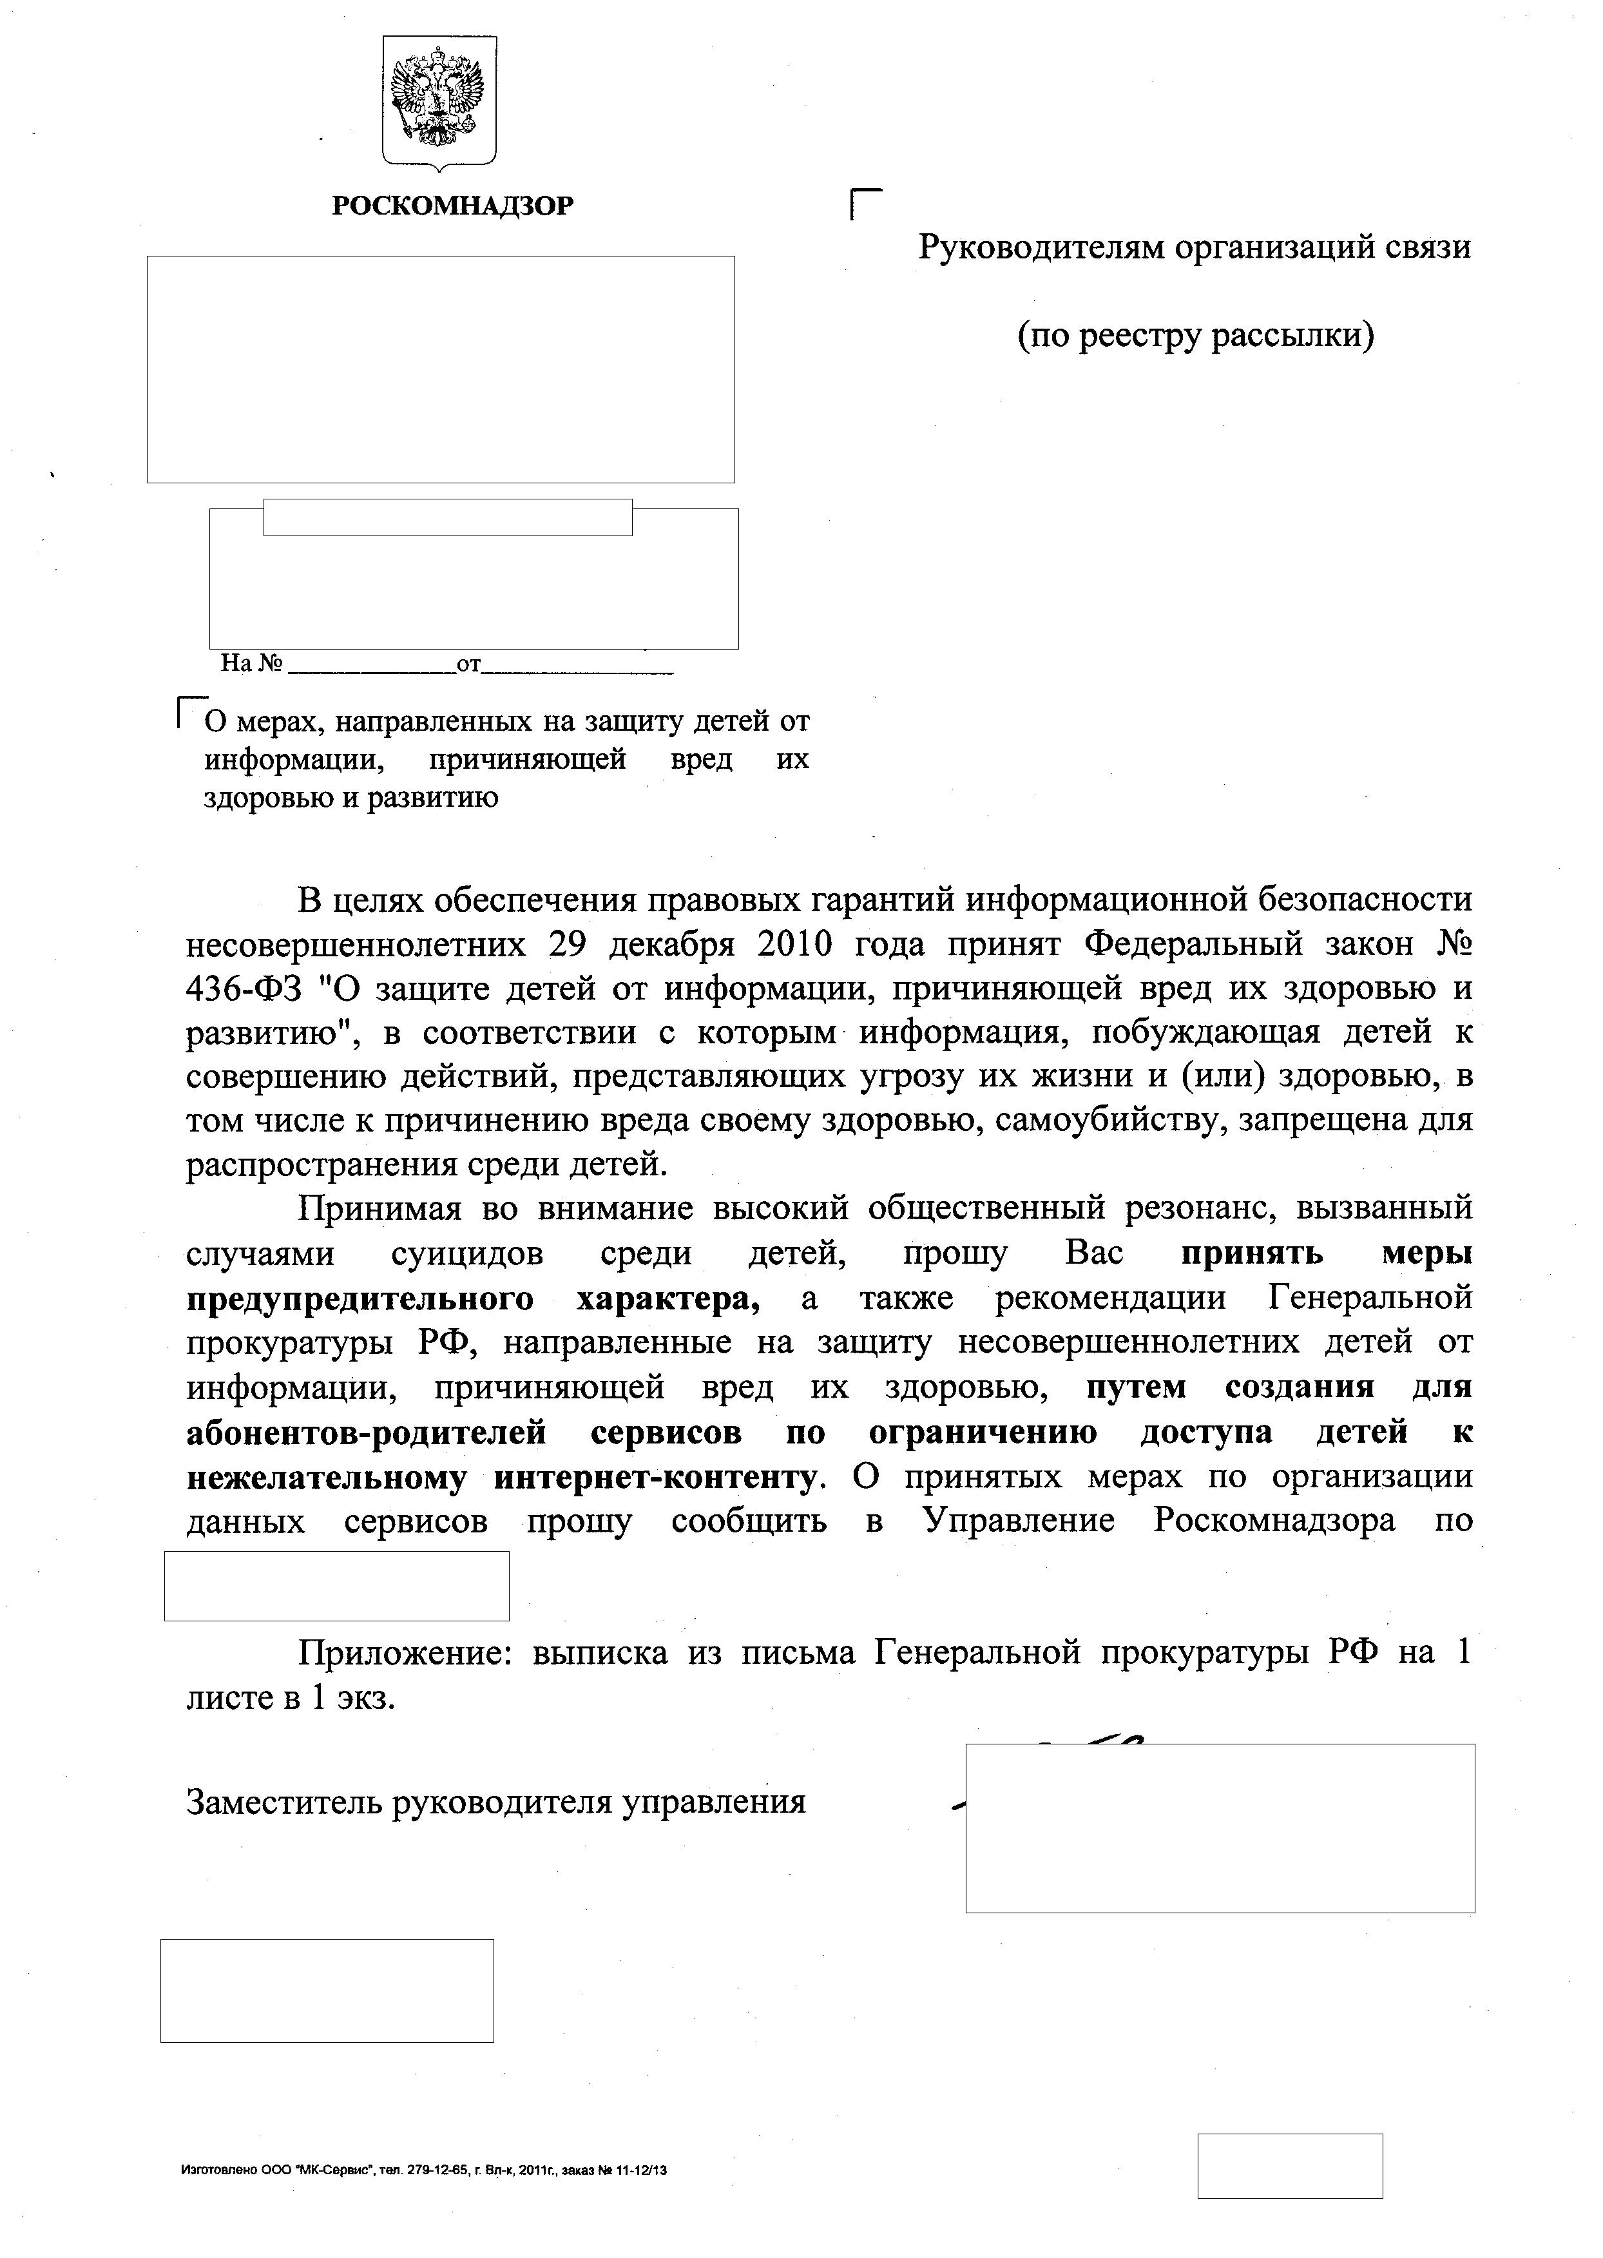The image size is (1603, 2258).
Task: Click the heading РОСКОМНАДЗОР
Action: pyautogui.click(x=453, y=206)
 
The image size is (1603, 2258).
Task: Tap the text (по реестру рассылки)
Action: pyautogui.click(x=1195, y=336)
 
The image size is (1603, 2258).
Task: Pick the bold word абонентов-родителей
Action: pyautogui.click(x=366, y=1432)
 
